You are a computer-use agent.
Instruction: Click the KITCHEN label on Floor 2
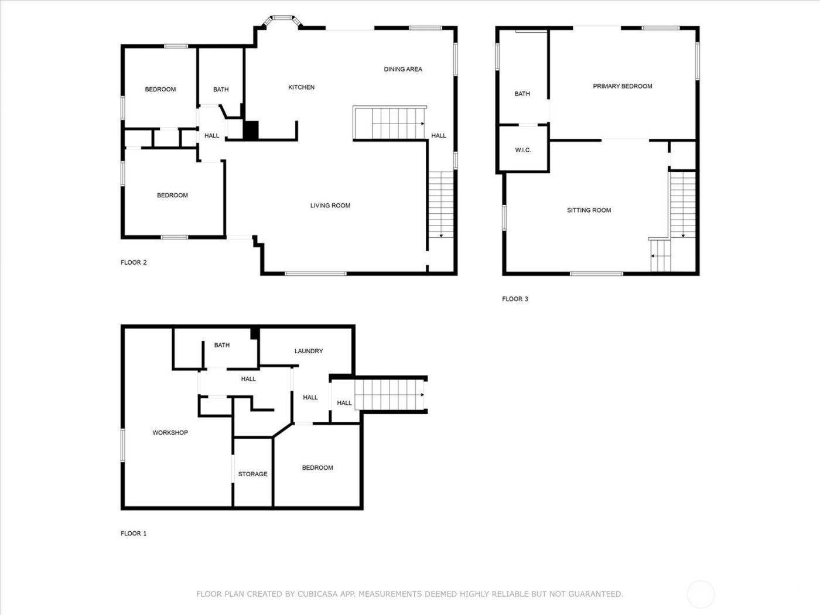(301, 87)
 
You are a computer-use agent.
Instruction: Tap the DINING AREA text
(403, 69)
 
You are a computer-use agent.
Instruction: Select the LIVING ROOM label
(330, 206)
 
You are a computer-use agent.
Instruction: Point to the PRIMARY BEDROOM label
(622, 86)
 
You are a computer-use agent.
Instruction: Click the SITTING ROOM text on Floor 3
(589, 210)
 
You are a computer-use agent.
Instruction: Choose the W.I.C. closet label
(523, 151)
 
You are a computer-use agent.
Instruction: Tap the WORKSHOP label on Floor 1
(170, 433)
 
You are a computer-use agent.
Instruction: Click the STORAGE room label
(252, 474)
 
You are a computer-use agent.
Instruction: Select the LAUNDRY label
(309, 351)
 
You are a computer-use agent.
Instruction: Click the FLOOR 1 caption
(134, 534)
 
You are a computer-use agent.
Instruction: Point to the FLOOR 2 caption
(134, 262)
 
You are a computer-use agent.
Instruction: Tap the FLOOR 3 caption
(515, 299)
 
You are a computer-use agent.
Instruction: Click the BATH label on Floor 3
(522, 94)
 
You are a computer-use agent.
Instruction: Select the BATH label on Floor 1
(221, 346)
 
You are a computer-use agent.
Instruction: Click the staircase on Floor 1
(389, 395)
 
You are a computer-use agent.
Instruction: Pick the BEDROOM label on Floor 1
(317, 468)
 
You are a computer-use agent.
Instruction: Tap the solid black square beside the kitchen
(251, 129)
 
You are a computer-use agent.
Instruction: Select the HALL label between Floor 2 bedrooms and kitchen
(211, 136)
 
